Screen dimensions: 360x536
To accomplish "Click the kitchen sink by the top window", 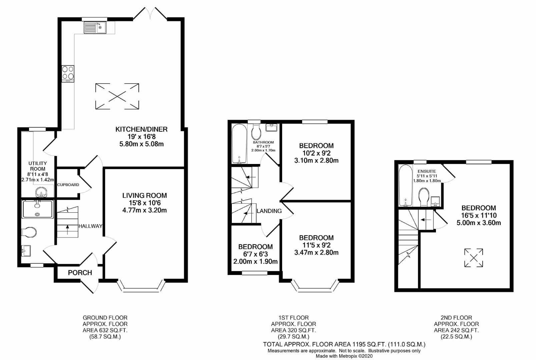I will point(95,27).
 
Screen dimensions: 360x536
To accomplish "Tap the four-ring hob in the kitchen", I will point(68,74).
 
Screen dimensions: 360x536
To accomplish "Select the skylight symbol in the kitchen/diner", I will point(117,96).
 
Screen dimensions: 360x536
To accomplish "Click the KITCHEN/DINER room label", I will point(141,129).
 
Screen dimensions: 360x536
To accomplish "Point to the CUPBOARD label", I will point(68,185).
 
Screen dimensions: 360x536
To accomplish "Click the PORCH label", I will point(80,273).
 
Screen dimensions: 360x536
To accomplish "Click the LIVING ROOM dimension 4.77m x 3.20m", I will point(144,210).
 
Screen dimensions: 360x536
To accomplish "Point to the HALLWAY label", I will point(90,226).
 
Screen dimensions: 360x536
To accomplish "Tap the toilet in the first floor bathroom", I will point(256,132).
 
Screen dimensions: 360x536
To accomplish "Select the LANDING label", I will point(269,211).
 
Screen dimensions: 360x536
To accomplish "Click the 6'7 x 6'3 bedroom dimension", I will point(255,254).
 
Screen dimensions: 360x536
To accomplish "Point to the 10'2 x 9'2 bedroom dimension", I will point(316,153).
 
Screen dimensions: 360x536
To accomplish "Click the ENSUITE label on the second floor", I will point(427,171).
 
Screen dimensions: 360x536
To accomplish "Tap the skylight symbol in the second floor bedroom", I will point(474,257).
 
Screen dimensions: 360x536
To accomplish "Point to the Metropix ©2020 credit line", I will point(344,356).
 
